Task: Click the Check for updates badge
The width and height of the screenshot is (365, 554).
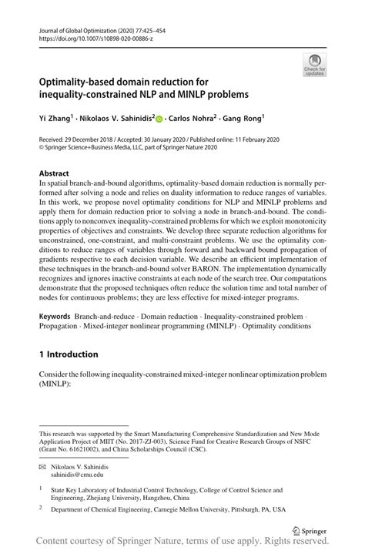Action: pyautogui.click(x=314, y=64)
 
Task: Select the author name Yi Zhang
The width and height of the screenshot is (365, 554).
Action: pyautogui.click(x=59, y=119)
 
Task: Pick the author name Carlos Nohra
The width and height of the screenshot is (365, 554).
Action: pyautogui.click(x=195, y=119)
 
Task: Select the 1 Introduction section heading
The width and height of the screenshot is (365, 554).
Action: pyautogui.click(x=69, y=354)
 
